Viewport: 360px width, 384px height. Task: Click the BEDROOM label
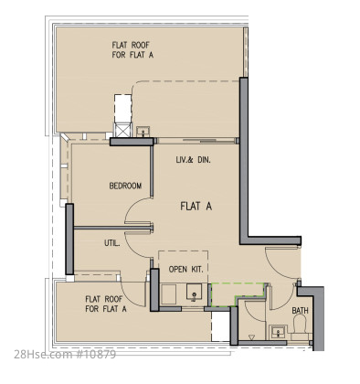[125, 186]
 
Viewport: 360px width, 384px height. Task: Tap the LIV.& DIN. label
[193, 159]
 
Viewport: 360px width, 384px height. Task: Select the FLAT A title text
[196, 207]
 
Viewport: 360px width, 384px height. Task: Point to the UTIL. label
[112, 243]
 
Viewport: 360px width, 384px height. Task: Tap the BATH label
[300, 311]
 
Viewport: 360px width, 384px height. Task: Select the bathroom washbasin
[278, 332]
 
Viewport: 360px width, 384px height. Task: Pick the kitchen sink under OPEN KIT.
[194, 293]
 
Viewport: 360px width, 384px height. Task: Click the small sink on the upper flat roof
[143, 132]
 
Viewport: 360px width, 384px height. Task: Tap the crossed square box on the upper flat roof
[122, 130]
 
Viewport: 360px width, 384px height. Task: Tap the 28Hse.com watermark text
[65, 355]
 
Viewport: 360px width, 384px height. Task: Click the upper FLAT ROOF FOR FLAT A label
[132, 50]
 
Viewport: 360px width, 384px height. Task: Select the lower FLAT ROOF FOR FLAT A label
[106, 304]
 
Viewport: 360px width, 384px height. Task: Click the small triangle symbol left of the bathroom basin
[251, 337]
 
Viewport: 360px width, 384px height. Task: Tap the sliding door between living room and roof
[196, 141]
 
